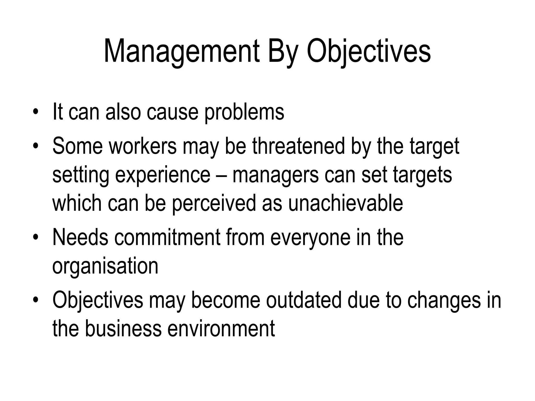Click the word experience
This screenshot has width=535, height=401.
tap(163, 175)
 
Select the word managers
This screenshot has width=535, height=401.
tap(275, 175)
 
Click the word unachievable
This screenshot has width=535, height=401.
tap(346, 203)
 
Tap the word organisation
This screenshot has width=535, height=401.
tap(105, 266)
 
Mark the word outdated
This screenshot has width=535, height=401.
tap(304, 300)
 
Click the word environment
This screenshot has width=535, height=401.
tap(221, 328)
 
